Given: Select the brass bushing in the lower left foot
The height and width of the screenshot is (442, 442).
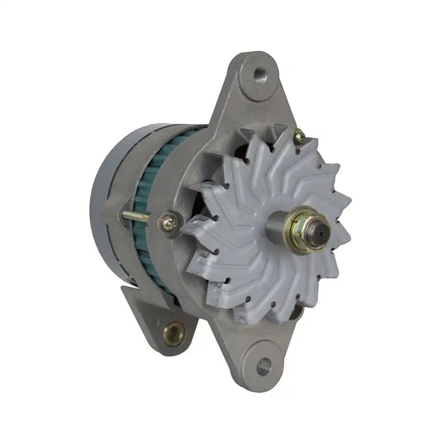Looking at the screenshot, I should point(174,333).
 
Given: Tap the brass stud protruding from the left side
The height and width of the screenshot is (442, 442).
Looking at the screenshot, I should point(136,217).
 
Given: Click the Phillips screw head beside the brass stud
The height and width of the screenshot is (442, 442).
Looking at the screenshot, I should point(168,221).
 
